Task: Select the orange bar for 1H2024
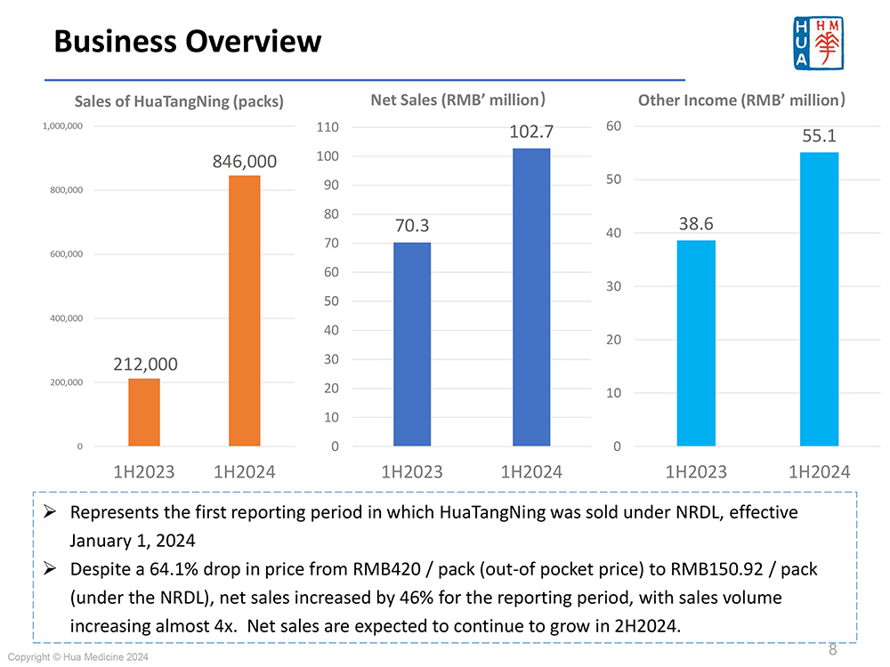(x=245, y=311)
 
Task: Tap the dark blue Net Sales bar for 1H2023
(x=412, y=344)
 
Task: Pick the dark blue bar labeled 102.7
(x=531, y=297)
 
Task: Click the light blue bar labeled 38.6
(x=695, y=343)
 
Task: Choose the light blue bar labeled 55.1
(x=819, y=299)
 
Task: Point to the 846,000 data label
(x=245, y=162)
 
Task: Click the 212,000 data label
(x=145, y=365)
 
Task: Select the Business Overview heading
(x=187, y=41)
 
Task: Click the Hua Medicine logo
(x=817, y=43)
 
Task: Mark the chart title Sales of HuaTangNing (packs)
(x=179, y=101)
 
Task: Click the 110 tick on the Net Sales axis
(x=328, y=127)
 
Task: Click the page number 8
(x=833, y=648)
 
